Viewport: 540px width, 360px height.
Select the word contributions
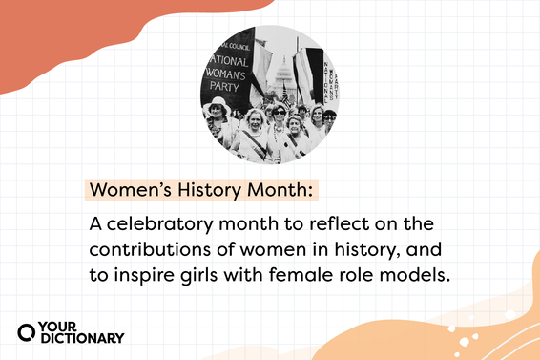147,249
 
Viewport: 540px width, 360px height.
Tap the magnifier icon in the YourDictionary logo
28,330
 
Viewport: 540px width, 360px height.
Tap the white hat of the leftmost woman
218,103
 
